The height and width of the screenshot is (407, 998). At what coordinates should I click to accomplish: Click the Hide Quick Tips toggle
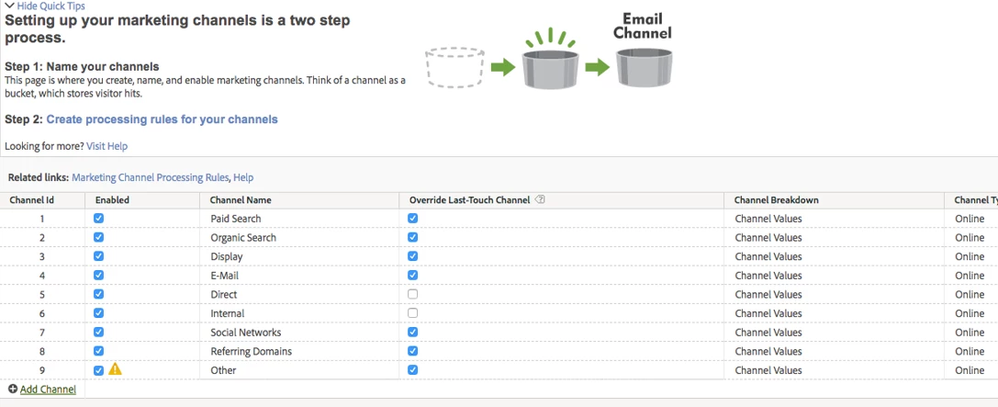tap(45, 6)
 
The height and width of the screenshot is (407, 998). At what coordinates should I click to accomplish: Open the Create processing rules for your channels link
tap(163, 119)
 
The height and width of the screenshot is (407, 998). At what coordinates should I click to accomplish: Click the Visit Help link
tap(107, 146)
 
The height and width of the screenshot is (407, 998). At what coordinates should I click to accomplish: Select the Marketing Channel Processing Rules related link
tap(151, 177)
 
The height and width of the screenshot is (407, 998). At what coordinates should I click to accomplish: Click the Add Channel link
tap(42, 390)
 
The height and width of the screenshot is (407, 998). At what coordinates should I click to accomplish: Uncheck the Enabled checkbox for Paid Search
tap(98, 219)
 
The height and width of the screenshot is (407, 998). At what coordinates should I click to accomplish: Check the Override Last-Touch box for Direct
tap(413, 294)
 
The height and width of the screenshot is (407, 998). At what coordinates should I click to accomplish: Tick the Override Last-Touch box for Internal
tap(413, 313)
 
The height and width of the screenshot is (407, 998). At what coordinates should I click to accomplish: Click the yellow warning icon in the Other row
tap(115, 368)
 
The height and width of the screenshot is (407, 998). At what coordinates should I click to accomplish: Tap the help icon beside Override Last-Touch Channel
tap(541, 199)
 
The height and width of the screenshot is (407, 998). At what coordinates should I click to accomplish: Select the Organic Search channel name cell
tap(243, 238)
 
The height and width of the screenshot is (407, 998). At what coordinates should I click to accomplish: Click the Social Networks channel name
tap(246, 333)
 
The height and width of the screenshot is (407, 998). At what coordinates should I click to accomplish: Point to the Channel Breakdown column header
tap(777, 200)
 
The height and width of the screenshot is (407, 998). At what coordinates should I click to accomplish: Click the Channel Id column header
tap(32, 200)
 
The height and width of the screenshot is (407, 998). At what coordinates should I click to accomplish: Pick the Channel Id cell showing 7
tap(42, 333)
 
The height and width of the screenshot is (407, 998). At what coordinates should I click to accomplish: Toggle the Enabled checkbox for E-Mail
tap(98, 275)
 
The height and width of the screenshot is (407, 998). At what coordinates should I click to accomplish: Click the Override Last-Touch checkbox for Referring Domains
tap(413, 351)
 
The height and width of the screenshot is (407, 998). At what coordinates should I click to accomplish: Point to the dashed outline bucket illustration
tap(455, 66)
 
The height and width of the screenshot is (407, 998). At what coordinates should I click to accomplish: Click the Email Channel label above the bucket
tap(642, 26)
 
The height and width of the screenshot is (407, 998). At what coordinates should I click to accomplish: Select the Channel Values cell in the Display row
tap(768, 256)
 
